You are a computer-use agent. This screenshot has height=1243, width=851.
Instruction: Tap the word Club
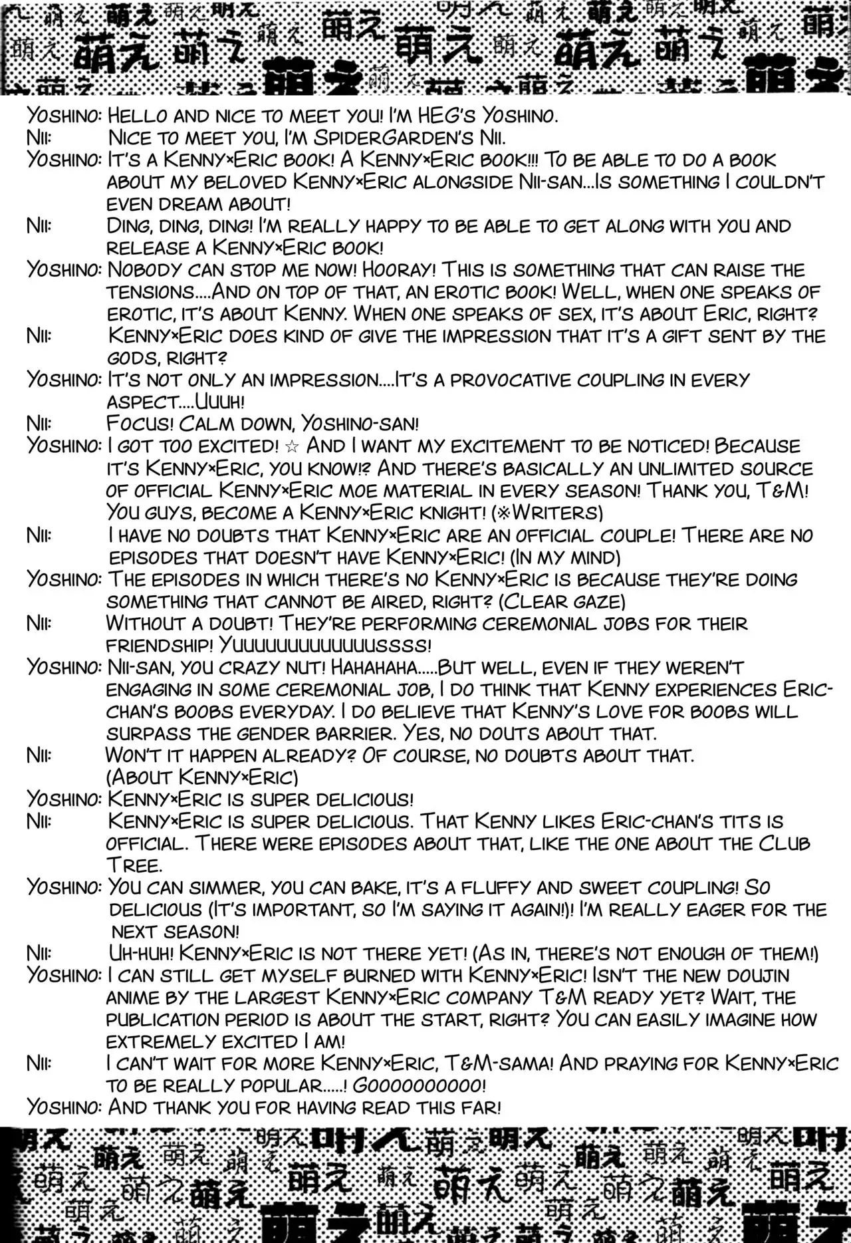[784, 843]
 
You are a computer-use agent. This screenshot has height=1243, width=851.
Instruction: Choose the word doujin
[750, 976]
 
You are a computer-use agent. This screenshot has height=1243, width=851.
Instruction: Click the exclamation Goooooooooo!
[419, 1085]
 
